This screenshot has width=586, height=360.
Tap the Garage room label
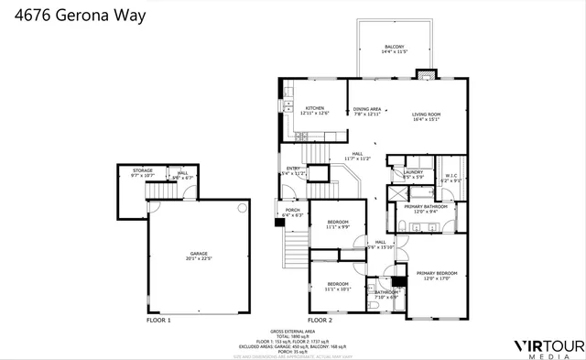[201, 256]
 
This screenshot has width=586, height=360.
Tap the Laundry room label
[413, 173]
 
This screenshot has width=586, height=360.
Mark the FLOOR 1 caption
[158, 320]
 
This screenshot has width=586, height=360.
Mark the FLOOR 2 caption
[319, 320]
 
